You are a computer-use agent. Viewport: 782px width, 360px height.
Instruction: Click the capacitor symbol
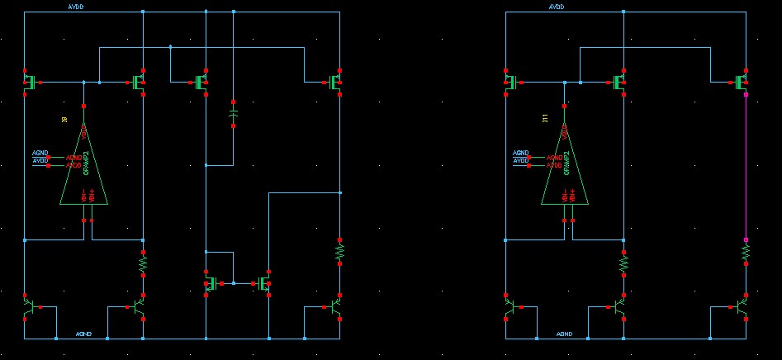click(233, 114)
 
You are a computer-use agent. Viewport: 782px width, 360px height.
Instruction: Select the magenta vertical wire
click(746, 165)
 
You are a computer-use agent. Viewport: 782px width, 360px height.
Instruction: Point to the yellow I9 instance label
click(64, 120)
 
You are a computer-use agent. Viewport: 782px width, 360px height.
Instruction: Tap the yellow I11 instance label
click(544, 120)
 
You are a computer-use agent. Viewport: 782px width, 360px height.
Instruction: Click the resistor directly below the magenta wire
click(746, 251)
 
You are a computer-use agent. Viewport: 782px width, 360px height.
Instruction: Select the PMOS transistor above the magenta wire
click(742, 82)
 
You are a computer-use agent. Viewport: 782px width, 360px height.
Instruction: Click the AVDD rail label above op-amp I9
click(75, 7)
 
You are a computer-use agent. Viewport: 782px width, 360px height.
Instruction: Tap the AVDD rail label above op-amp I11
click(557, 7)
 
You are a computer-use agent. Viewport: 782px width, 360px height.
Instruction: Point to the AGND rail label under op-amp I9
click(83, 334)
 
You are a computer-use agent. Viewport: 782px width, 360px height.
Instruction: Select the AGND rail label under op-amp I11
click(564, 334)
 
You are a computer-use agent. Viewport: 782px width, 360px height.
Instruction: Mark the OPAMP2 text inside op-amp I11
click(567, 165)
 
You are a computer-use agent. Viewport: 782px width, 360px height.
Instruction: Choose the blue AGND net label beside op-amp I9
click(40, 153)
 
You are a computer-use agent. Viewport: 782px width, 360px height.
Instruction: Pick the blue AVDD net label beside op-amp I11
click(520, 160)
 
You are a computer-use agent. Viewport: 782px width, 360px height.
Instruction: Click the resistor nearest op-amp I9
click(143, 263)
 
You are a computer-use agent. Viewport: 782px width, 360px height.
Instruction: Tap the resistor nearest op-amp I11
click(623, 263)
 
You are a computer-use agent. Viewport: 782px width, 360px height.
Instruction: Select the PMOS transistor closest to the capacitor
click(201, 82)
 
